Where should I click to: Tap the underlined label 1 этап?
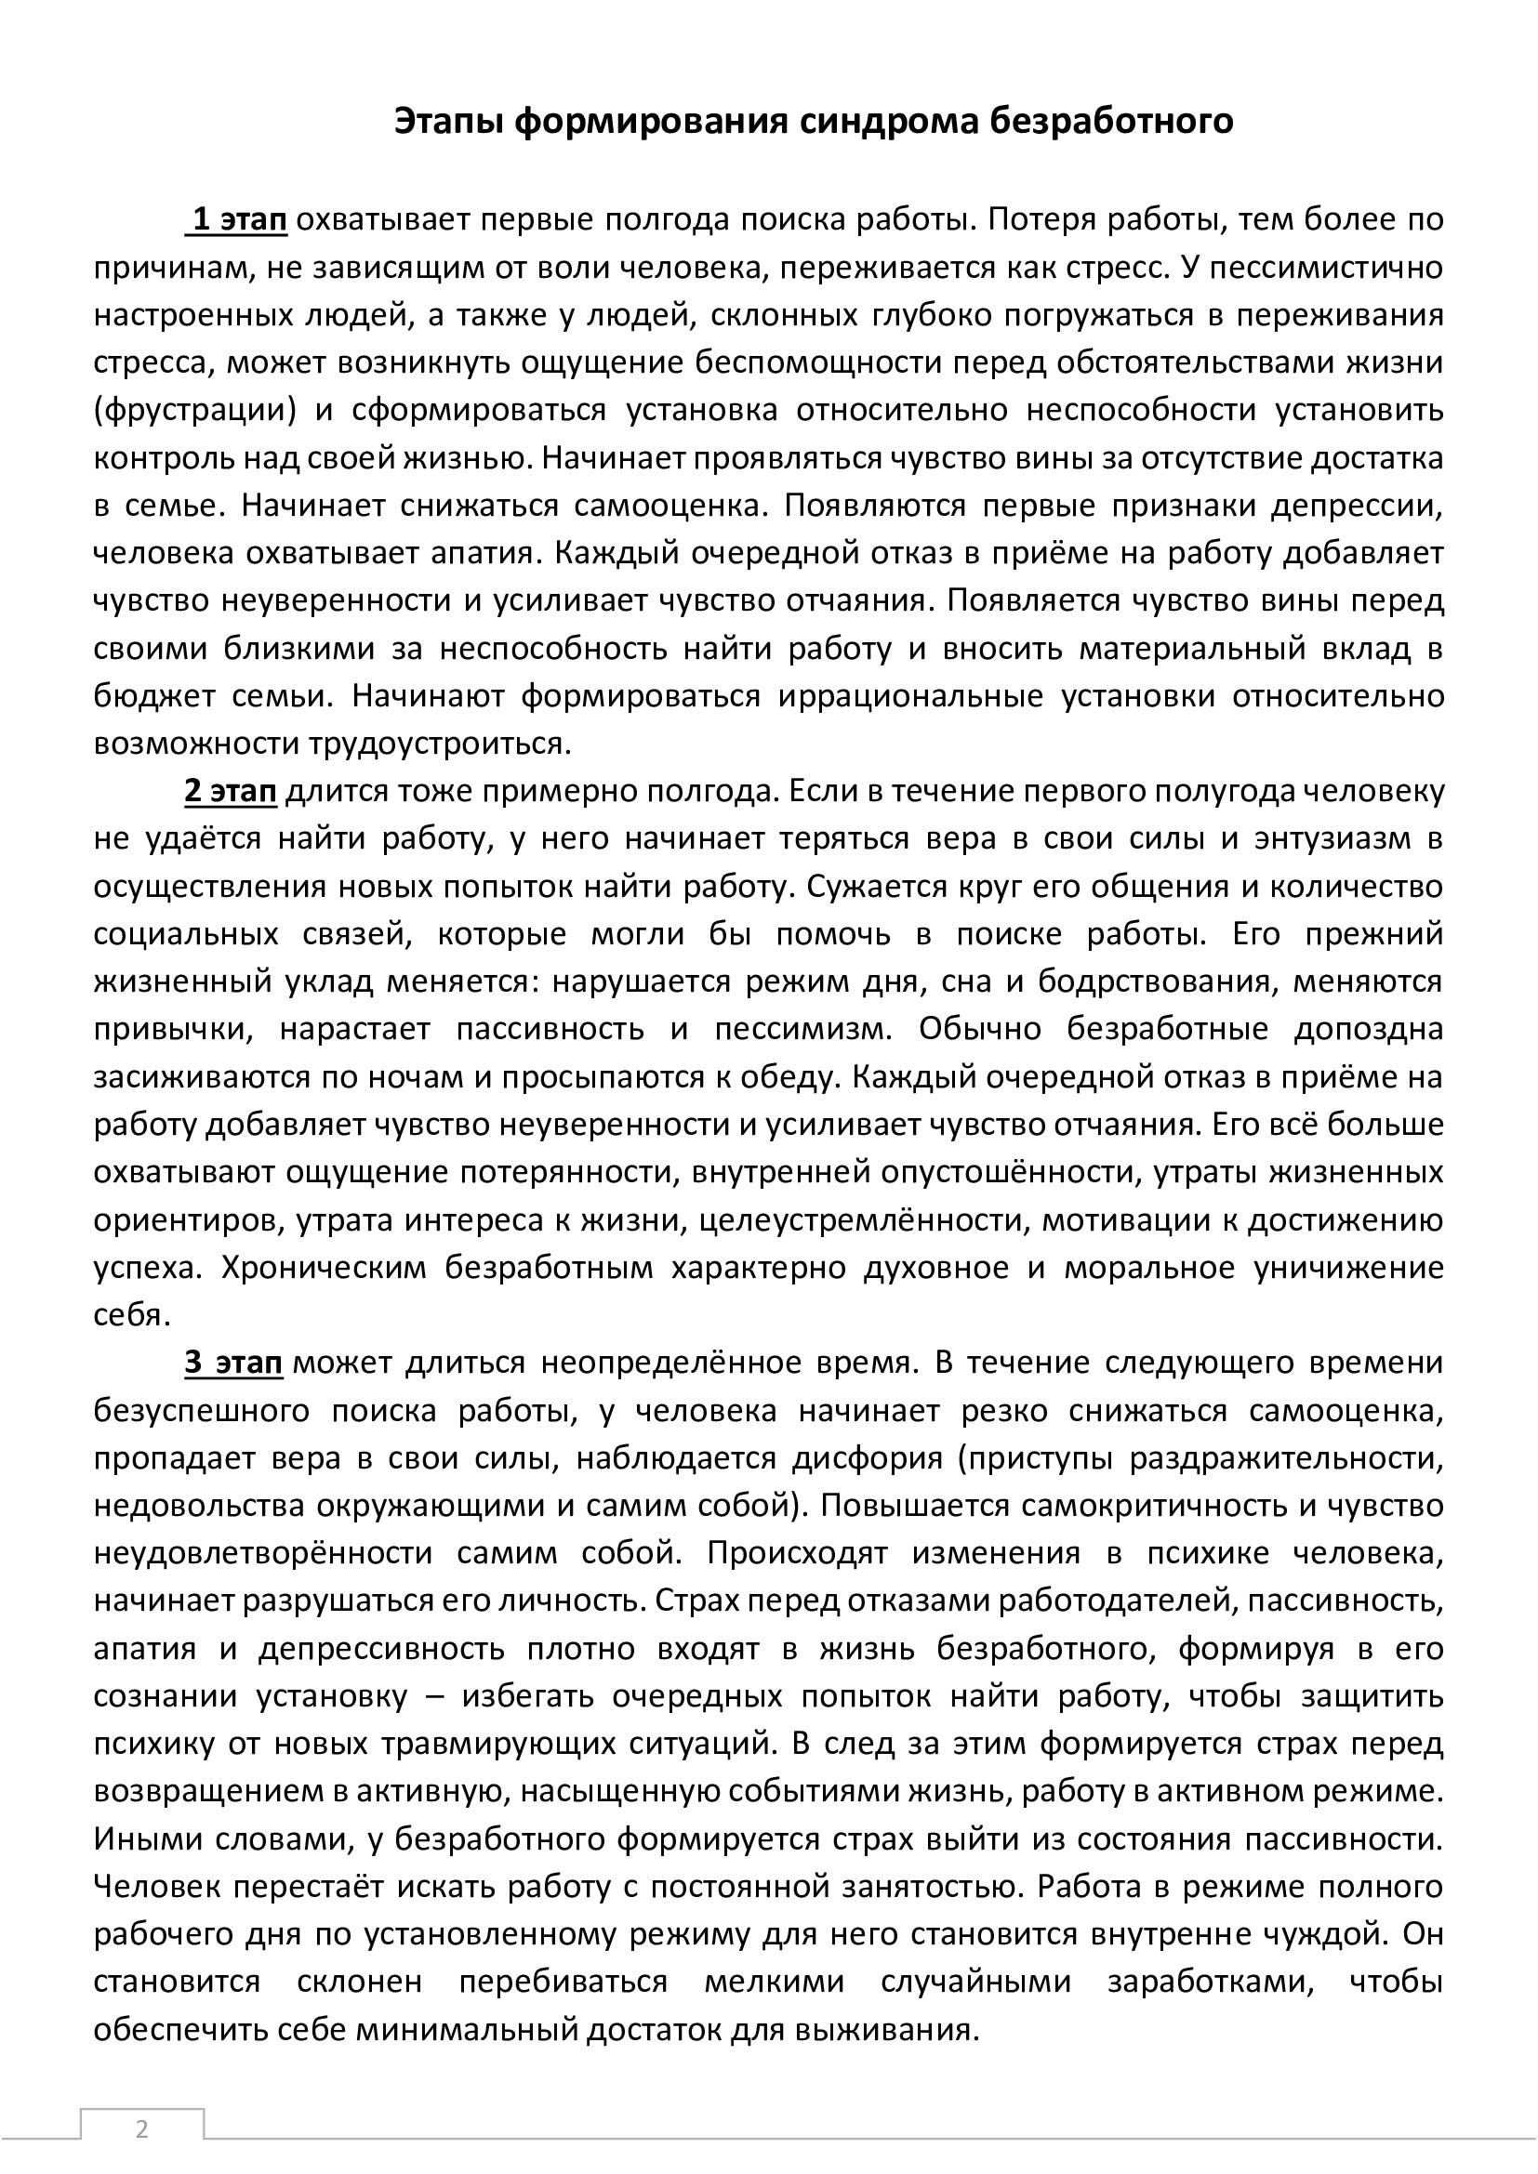[x=239, y=219]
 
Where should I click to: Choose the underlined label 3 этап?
[x=233, y=1363]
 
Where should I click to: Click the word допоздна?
[x=1368, y=1028]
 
